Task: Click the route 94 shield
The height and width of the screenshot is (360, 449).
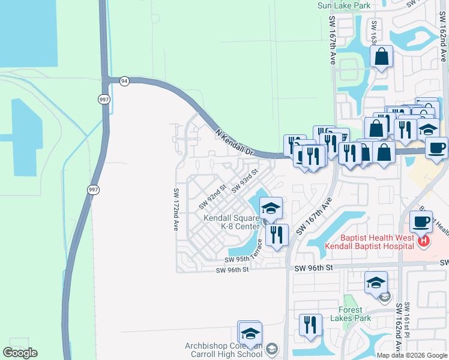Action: click(x=124, y=81)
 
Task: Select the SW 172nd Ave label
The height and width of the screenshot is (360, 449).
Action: click(x=176, y=209)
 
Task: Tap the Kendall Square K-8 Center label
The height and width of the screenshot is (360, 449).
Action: click(x=231, y=222)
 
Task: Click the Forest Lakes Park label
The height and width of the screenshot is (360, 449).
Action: click(x=350, y=314)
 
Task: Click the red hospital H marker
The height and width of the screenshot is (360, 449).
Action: click(x=424, y=241)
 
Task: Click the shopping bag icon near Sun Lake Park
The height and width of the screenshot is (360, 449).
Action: click(x=382, y=58)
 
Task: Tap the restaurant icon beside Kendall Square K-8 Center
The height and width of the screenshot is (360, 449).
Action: click(x=277, y=235)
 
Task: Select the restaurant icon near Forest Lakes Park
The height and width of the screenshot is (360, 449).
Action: click(x=310, y=325)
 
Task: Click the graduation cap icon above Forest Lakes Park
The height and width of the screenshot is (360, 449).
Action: click(x=376, y=283)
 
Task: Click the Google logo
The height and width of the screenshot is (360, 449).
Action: click(x=20, y=353)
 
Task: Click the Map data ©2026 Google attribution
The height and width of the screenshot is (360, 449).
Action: click(x=412, y=355)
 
